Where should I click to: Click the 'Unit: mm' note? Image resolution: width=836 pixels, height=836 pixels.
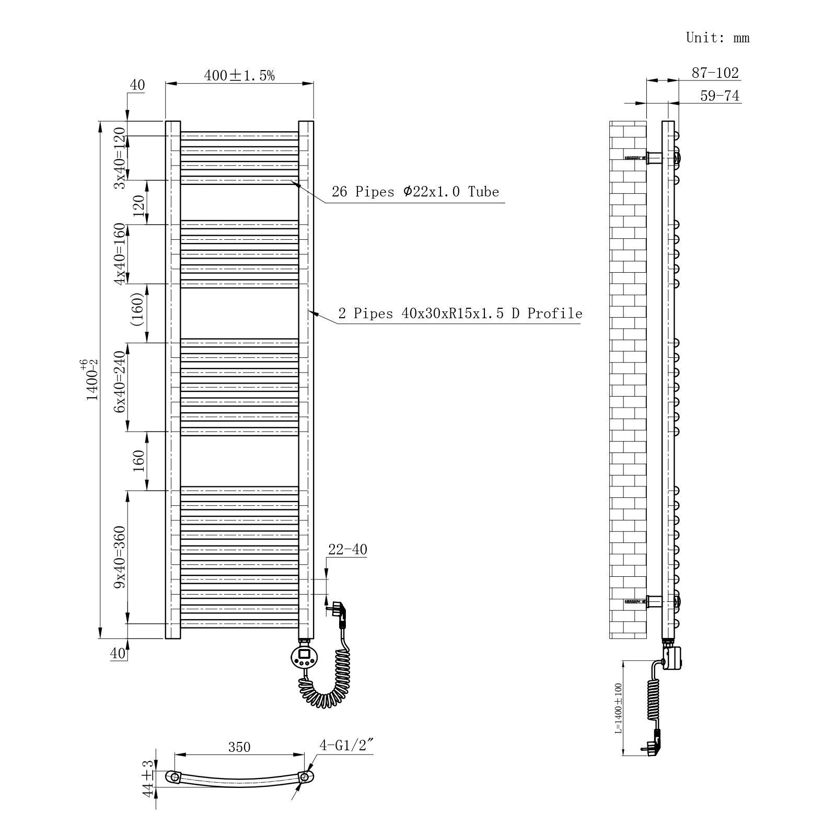pos(718,38)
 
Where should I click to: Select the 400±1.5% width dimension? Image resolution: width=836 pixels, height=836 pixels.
pos(239,76)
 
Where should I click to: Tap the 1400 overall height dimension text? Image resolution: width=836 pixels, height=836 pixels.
pos(92,379)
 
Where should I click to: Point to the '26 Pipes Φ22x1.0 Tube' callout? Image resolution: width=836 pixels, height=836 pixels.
pos(415,192)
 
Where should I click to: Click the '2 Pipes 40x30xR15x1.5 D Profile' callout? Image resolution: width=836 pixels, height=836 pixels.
pos(460,313)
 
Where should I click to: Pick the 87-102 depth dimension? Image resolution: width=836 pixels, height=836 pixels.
pos(715,73)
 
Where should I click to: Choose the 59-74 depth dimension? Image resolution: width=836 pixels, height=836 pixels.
pos(720,96)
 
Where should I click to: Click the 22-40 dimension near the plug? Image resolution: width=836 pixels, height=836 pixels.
pos(347,550)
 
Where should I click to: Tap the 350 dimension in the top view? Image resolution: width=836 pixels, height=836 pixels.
pos(239,747)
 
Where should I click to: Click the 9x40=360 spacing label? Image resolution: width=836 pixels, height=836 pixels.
pos(120,557)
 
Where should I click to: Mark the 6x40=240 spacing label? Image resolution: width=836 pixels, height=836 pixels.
pos(120,381)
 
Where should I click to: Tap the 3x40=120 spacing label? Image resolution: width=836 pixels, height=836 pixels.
pos(120,158)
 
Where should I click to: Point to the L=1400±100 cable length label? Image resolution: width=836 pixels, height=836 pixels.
pos(619,709)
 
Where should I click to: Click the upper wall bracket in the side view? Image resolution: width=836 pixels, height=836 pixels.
pos(654,157)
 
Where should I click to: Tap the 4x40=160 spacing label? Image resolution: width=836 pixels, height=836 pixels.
pos(120,254)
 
